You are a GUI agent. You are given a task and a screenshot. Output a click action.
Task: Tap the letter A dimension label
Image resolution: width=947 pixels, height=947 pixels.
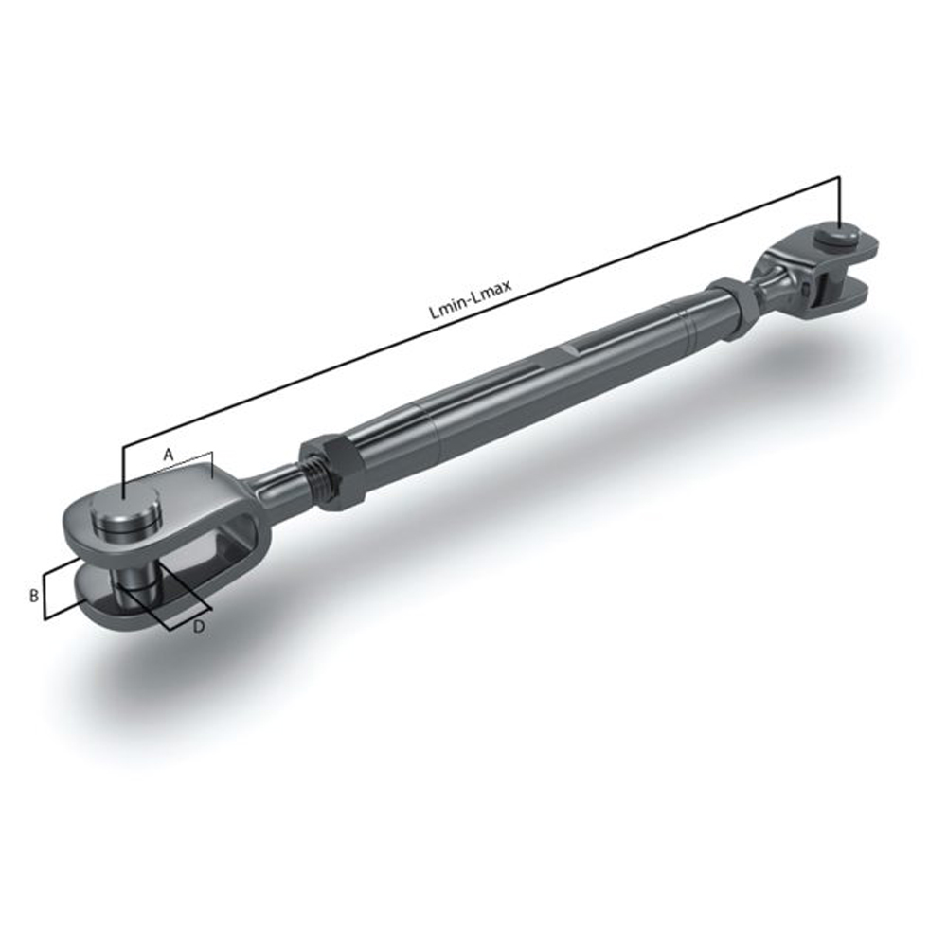(168, 455)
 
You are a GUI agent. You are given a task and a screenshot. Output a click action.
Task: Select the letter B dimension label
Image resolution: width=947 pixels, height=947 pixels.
(33, 596)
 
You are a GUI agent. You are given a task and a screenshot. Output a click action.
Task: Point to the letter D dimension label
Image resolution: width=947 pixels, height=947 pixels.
(199, 627)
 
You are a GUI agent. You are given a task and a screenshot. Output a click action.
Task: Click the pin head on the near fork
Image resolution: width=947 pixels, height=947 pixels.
(126, 518)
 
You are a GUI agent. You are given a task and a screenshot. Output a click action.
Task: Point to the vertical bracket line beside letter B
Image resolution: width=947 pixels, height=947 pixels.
(45, 597)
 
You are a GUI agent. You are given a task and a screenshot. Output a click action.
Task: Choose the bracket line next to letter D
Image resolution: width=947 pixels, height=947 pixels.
(186, 597)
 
